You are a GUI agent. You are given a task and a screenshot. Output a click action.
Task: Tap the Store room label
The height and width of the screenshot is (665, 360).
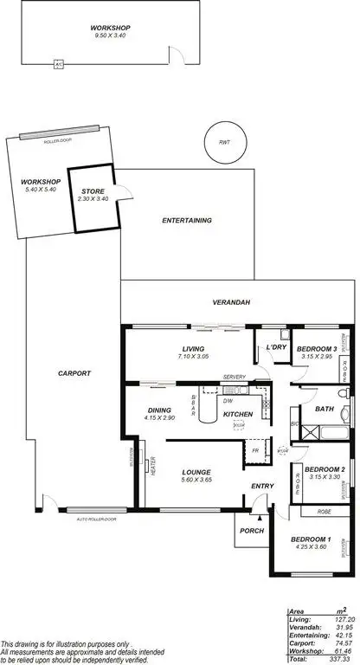pyautogui.click(x=93, y=191)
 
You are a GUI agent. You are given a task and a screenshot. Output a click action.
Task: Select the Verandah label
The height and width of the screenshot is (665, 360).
pyautogui.click(x=232, y=302)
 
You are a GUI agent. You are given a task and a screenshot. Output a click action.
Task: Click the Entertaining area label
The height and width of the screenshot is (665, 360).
pyautogui.click(x=187, y=221)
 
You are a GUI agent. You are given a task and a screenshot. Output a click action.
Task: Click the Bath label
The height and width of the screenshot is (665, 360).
pyautogui.click(x=325, y=409)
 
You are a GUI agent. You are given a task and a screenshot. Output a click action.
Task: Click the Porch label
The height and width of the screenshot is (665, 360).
pyautogui.click(x=252, y=531)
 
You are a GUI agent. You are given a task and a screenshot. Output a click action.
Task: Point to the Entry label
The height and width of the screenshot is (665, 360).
pyautogui.click(x=262, y=486)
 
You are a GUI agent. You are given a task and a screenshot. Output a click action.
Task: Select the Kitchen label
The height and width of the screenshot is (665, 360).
pyautogui.click(x=237, y=415)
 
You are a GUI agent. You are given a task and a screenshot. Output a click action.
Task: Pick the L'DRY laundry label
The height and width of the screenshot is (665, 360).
pyautogui.click(x=276, y=348)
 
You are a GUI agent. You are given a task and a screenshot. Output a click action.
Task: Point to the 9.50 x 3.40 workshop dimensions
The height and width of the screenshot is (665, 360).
pyautogui.click(x=110, y=36)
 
